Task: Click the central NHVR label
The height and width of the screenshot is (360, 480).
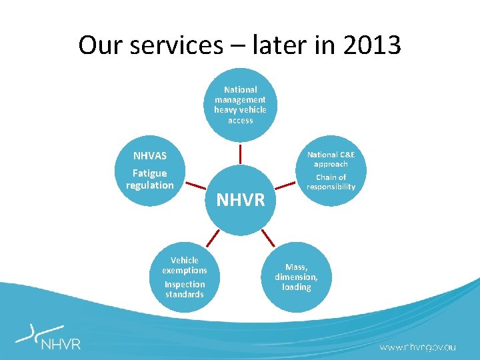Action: (x=241, y=199)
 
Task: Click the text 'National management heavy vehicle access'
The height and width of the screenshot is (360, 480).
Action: (x=240, y=105)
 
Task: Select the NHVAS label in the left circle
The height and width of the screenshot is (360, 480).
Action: (x=150, y=156)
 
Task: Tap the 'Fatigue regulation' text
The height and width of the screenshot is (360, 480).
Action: (x=150, y=179)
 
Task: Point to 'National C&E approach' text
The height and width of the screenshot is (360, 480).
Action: (x=331, y=159)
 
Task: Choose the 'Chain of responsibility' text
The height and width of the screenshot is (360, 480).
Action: (x=331, y=182)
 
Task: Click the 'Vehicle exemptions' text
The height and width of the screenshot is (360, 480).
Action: (x=185, y=265)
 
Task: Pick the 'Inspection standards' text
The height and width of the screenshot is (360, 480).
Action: (x=185, y=289)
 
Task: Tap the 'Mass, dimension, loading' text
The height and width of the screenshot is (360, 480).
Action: (x=297, y=277)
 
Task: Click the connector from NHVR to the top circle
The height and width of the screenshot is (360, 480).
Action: (x=240, y=154)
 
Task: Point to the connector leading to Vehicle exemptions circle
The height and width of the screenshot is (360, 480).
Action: (x=212, y=237)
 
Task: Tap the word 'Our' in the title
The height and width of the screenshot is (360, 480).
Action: (x=101, y=45)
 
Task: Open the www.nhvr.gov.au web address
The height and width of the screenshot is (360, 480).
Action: (x=418, y=347)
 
